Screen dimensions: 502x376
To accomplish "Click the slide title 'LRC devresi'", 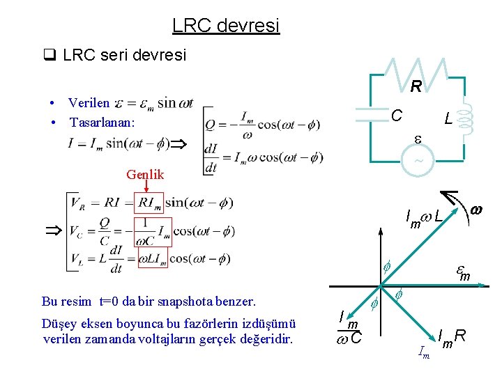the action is click(225, 26).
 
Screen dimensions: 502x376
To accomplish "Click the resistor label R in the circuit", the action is click(416, 87).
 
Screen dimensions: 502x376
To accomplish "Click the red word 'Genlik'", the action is click(145, 175).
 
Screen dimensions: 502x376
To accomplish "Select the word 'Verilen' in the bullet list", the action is click(89, 103).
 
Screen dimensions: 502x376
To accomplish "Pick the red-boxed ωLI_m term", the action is click(152, 259).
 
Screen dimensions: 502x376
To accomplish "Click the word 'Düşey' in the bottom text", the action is click(60, 324).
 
